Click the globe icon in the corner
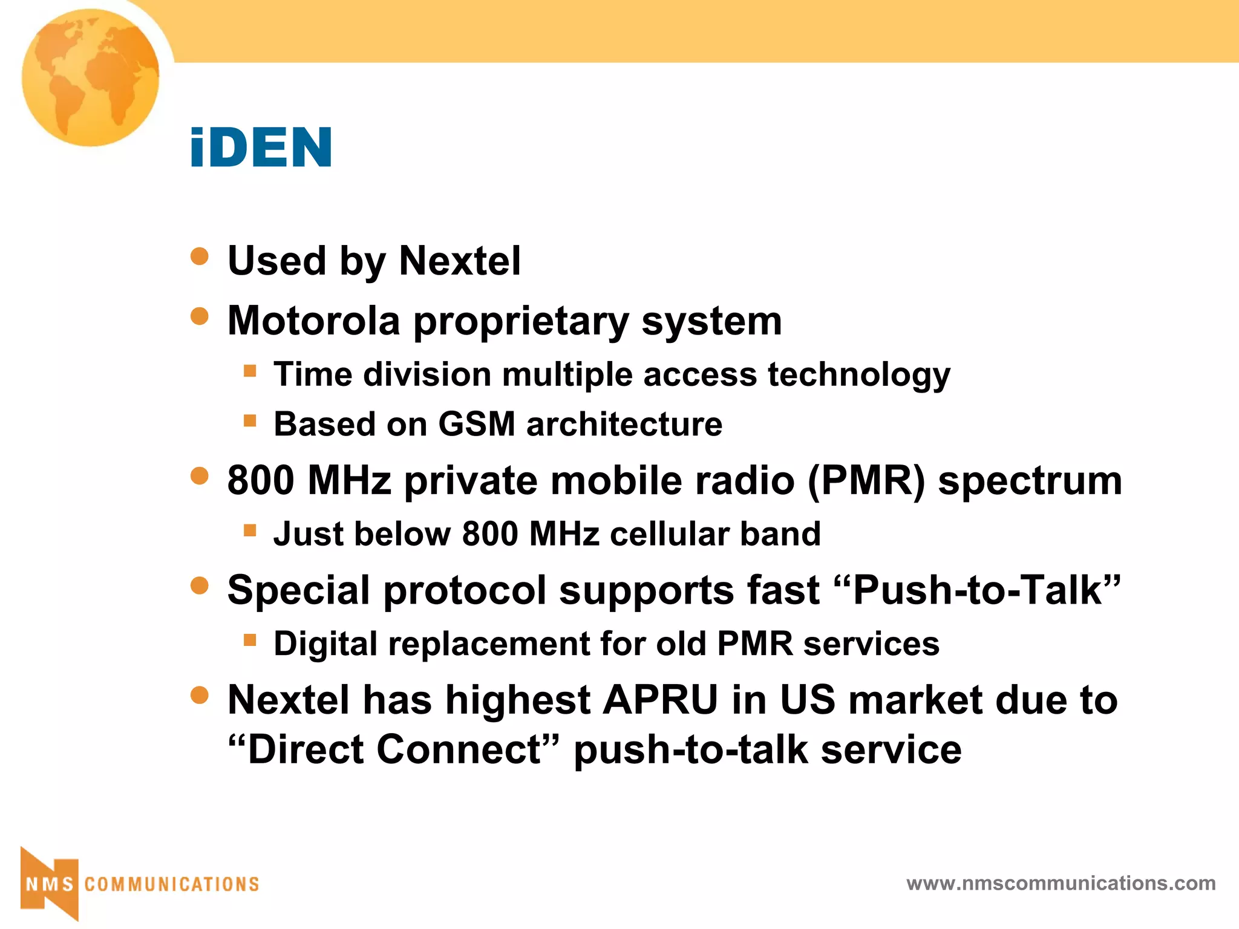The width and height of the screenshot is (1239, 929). pyautogui.click(x=91, y=77)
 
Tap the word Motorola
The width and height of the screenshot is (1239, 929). pyautogui.click(x=313, y=320)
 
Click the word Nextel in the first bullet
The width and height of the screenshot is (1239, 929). pyautogui.click(x=460, y=261)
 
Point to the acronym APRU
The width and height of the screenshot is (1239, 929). pyautogui.click(x=660, y=700)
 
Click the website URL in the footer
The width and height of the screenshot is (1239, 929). pyautogui.click(x=1061, y=883)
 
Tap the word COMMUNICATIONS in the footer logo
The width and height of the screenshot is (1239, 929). pyautogui.click(x=172, y=884)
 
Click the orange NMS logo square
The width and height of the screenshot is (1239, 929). pyautogui.click(x=50, y=884)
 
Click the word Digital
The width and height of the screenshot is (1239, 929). pyautogui.click(x=325, y=643)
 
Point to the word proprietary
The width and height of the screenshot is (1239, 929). pyautogui.click(x=521, y=321)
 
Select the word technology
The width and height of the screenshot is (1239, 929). pyautogui.click(x=859, y=374)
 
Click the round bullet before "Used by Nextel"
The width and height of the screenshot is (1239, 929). pyautogui.click(x=200, y=256)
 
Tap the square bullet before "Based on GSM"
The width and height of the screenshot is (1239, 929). pyautogui.click(x=250, y=420)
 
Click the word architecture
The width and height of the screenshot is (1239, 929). pyautogui.click(x=624, y=423)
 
